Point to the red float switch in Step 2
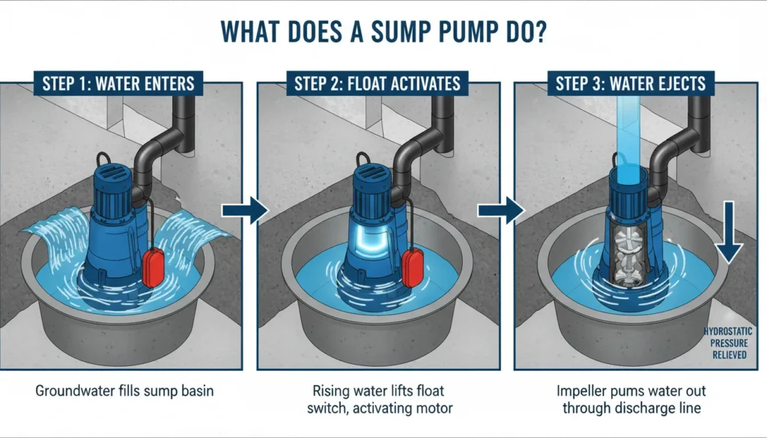[413, 258]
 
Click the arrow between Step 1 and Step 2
[255, 210]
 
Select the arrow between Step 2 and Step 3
[512, 210]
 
